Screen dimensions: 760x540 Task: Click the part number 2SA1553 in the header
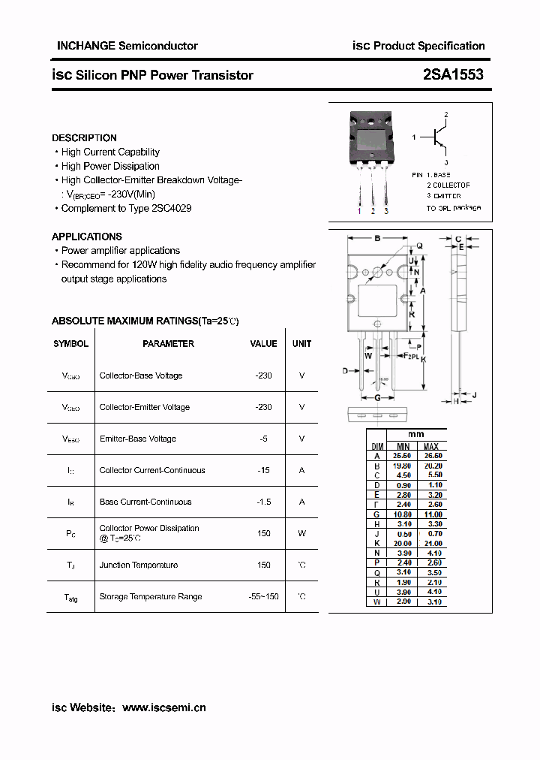point(453,74)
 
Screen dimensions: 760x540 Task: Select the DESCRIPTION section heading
point(84,138)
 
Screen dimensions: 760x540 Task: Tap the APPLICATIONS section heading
point(87,237)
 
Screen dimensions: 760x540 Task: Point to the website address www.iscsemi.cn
point(163,707)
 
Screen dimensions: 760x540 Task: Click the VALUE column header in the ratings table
point(263,344)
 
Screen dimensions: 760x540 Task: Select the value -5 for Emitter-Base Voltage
point(263,439)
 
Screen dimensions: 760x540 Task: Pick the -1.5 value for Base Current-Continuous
point(263,502)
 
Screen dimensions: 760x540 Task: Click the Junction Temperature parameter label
point(139,565)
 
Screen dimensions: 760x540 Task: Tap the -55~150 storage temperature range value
point(263,596)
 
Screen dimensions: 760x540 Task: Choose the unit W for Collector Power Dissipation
point(301,533)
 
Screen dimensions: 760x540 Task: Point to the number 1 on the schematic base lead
point(414,138)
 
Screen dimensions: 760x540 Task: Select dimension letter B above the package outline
point(377,239)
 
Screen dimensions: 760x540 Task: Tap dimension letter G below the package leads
point(377,397)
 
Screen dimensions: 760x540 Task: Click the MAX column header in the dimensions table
point(432,446)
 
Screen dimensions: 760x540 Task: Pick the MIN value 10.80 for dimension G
point(403,514)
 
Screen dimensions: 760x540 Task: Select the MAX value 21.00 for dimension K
point(432,543)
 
